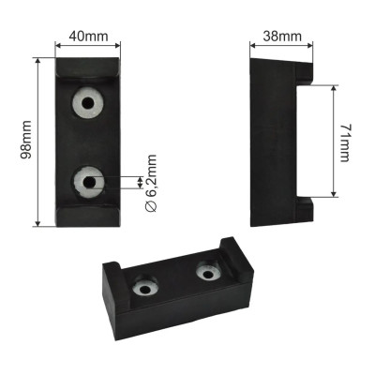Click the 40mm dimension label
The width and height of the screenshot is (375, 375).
tap(88, 37)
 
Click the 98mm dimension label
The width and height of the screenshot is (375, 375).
tap(26, 140)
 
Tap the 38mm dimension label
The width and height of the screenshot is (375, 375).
tap(282, 37)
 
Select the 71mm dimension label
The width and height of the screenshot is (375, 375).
tap(345, 142)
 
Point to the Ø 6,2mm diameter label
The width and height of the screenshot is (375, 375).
tap(151, 184)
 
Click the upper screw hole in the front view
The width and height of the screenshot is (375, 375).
tap(88, 102)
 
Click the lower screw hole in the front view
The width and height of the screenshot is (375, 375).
tap(89, 182)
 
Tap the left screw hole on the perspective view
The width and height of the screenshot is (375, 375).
tap(145, 288)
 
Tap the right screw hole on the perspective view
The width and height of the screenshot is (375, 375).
tap(209, 274)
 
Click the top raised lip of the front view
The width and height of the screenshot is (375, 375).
tap(87, 67)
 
